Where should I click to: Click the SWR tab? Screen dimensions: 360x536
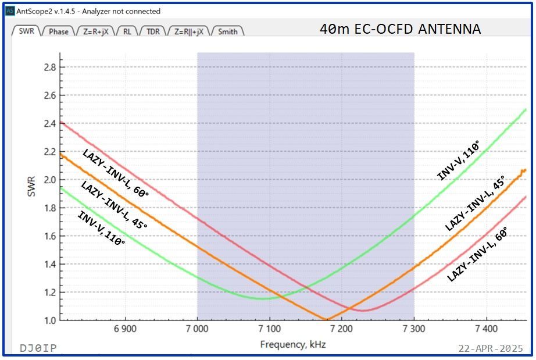26,31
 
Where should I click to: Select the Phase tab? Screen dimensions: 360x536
58,31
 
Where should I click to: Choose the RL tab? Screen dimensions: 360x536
127,31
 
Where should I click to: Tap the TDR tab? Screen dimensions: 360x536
152,31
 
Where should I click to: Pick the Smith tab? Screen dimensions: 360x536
227,31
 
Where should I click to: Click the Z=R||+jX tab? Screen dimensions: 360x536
189,31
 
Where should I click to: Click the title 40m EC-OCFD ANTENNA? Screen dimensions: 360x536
400,29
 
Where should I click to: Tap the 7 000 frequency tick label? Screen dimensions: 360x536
197,330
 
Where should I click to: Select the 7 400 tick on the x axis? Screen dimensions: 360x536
485,330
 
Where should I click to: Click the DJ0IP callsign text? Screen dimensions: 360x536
38,348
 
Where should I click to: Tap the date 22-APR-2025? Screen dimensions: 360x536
490,348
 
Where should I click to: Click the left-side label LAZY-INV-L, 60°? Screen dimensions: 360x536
115,173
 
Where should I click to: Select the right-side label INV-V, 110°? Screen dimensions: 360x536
459,160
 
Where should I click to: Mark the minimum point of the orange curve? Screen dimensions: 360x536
327,319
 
